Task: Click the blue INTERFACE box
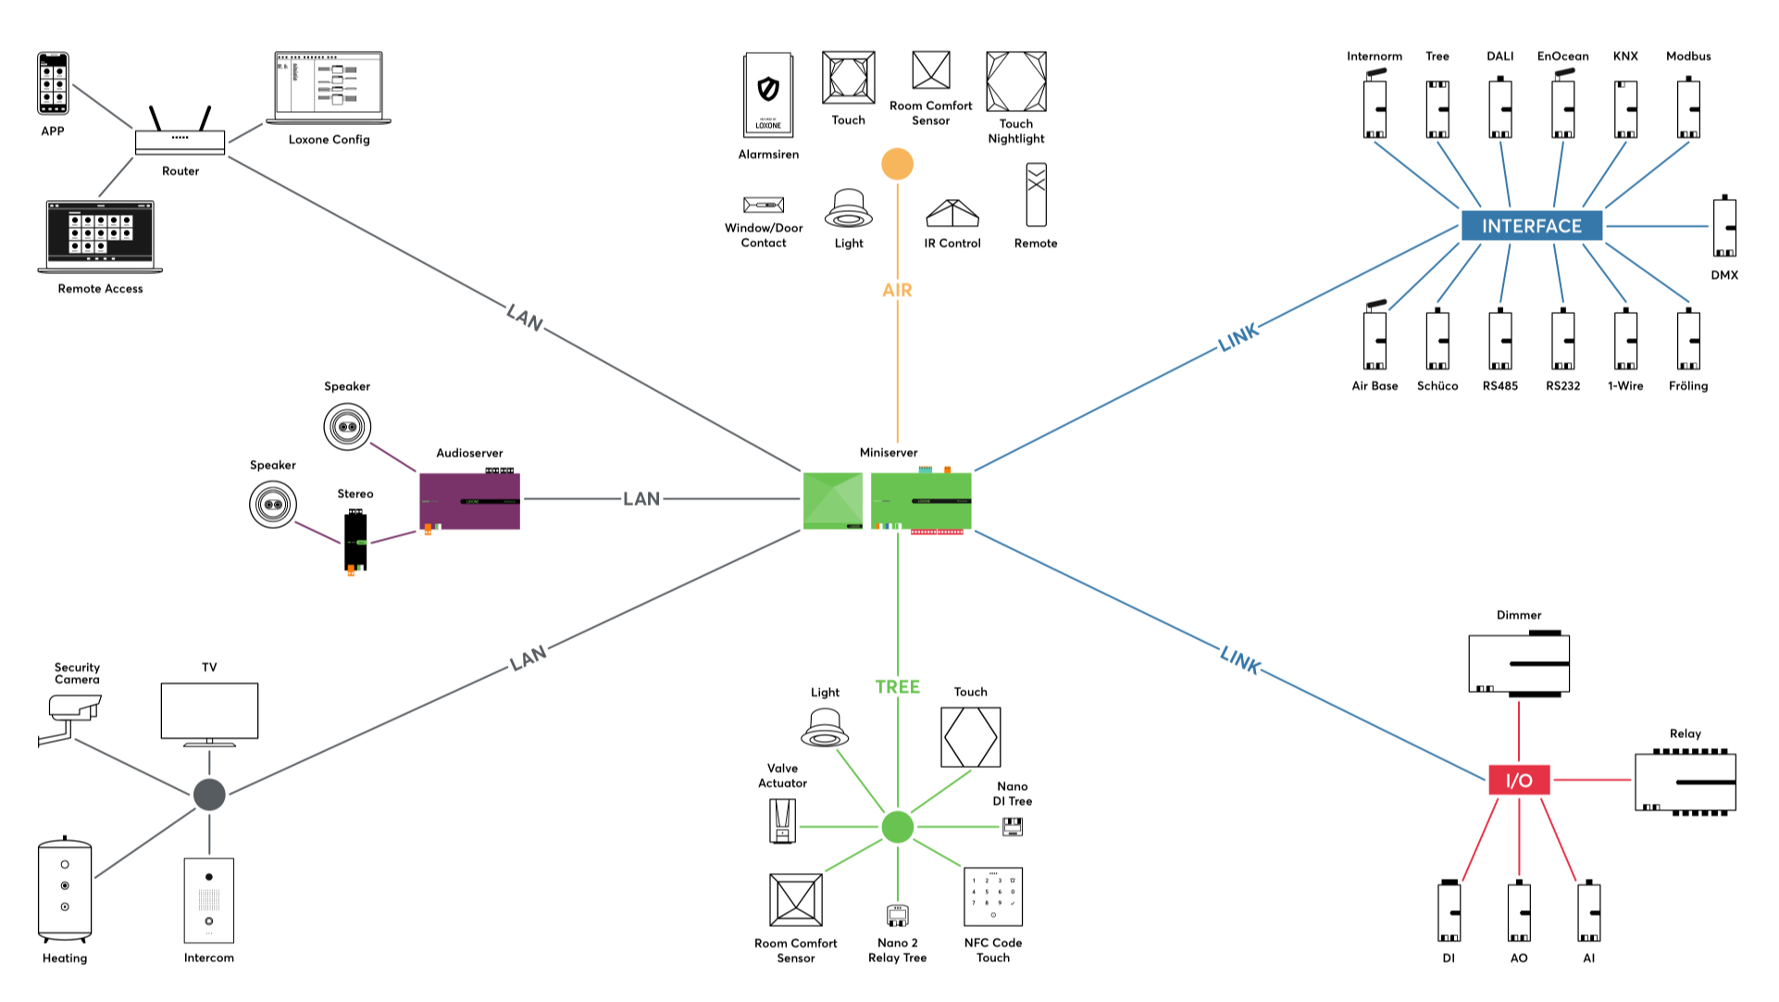point(1531,226)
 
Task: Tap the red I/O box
point(1518,780)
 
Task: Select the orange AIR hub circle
point(897,165)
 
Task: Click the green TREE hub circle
point(897,827)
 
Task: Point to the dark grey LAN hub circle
point(209,794)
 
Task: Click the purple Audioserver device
point(469,501)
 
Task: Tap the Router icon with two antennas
point(180,135)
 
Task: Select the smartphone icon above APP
point(53,83)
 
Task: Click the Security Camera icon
point(72,718)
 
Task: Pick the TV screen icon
point(209,712)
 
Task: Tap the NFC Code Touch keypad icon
point(993,896)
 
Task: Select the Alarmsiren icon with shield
point(768,94)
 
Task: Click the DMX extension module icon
point(1723,227)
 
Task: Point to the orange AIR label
point(897,290)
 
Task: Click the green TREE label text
point(897,687)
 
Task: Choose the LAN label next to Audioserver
point(641,499)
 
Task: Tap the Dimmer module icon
point(1519,664)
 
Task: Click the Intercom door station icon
point(209,899)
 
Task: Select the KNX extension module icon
point(1625,109)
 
